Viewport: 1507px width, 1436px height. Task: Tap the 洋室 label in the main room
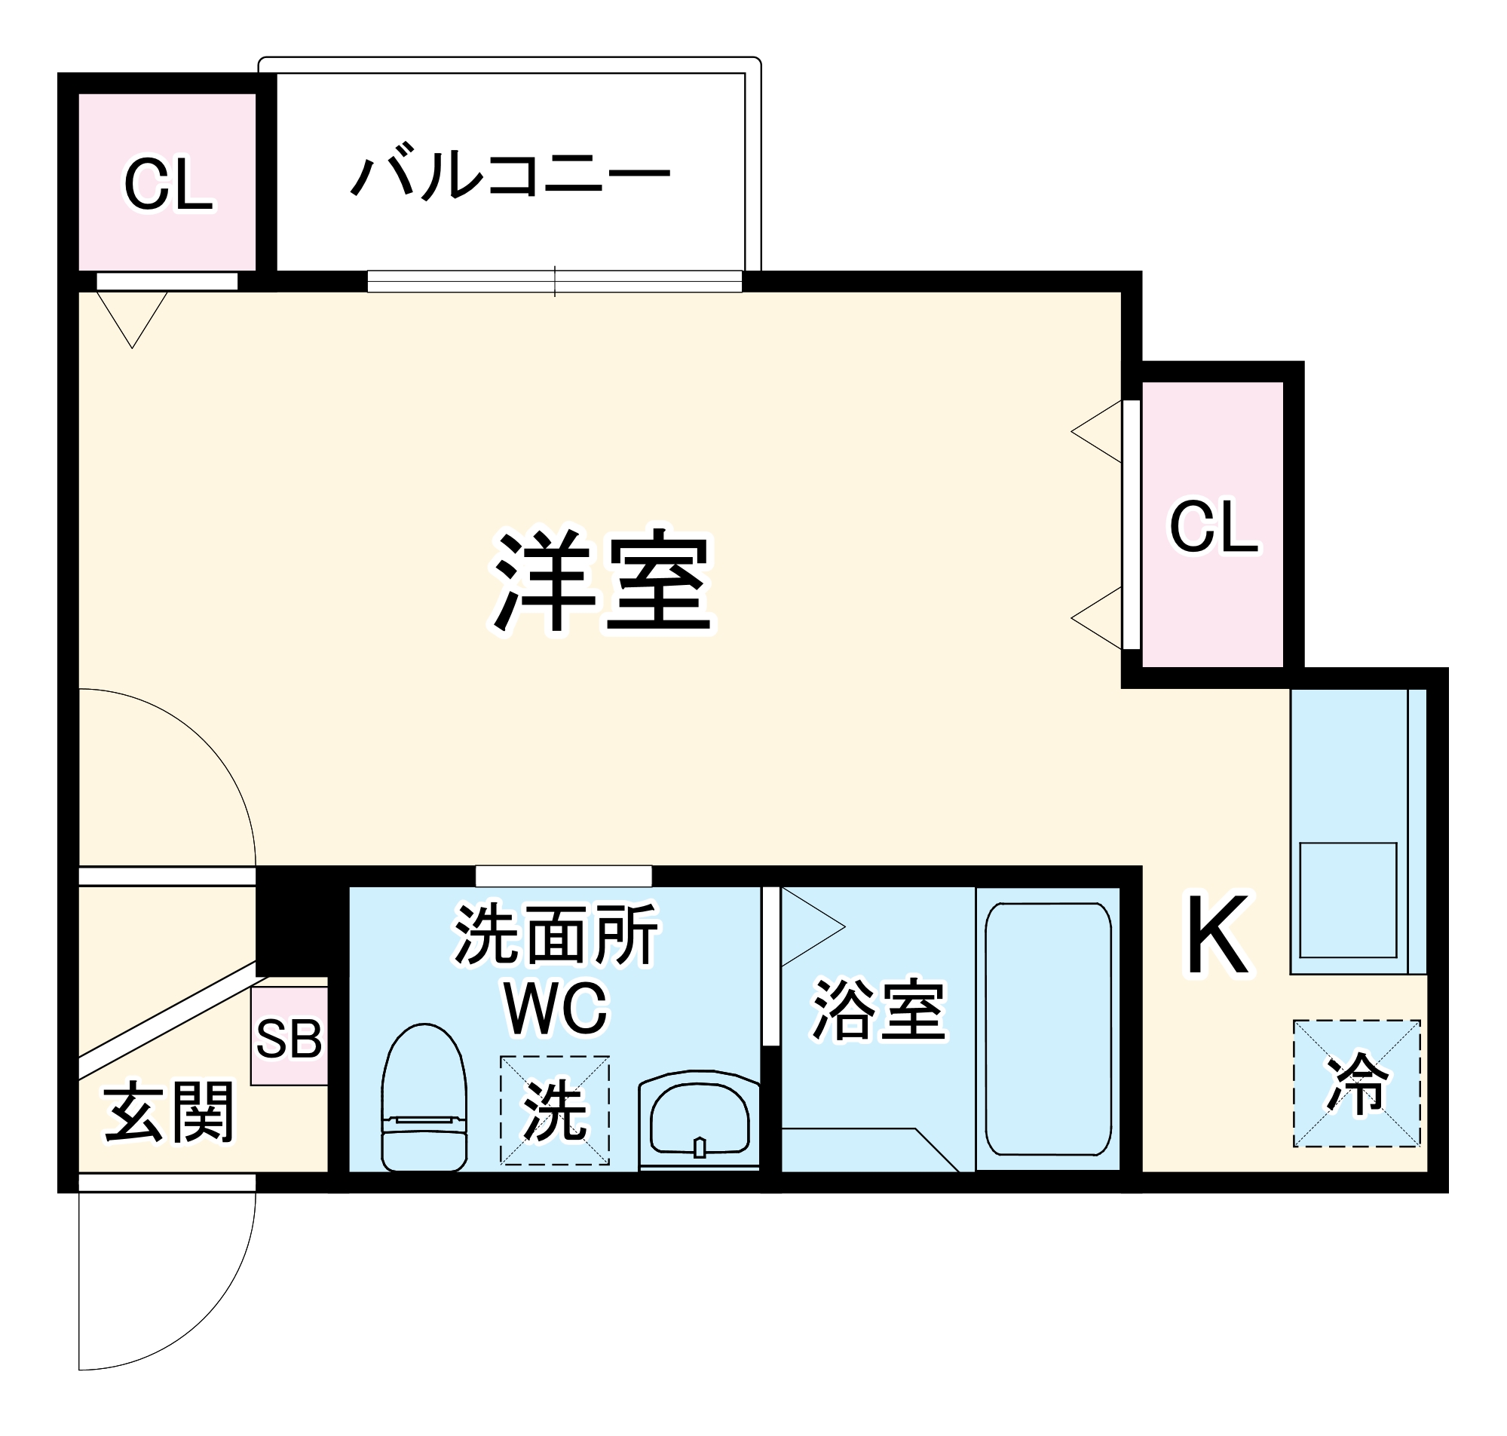click(x=602, y=581)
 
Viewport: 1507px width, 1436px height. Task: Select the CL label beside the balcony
click(x=168, y=185)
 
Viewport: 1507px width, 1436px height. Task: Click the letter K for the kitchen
click(x=1218, y=935)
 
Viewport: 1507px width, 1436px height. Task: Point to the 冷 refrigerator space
click(x=1356, y=1084)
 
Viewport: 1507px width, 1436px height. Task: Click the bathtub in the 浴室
click(x=1048, y=1029)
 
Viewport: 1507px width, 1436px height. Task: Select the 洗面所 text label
click(x=556, y=934)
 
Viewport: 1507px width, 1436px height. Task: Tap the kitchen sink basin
click(x=1348, y=900)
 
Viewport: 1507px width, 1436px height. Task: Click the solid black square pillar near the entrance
click(x=294, y=919)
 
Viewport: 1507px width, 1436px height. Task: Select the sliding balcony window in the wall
click(x=554, y=282)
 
